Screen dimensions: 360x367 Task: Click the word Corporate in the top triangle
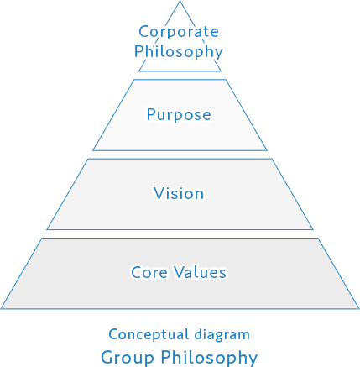(x=179, y=32)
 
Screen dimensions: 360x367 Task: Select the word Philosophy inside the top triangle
(x=179, y=51)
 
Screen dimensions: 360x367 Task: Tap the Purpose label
(x=179, y=115)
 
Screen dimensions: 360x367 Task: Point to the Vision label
(x=179, y=193)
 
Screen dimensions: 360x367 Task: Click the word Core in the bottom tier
(x=149, y=272)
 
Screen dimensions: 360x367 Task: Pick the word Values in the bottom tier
(x=201, y=272)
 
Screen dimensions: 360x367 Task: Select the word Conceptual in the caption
(x=149, y=335)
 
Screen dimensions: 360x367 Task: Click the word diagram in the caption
(x=222, y=335)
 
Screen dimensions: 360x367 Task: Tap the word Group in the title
(x=128, y=358)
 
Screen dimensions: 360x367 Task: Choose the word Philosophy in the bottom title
(x=209, y=358)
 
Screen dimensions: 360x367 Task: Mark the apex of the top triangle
(x=180, y=1)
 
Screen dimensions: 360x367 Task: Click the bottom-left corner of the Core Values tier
(x=1, y=309)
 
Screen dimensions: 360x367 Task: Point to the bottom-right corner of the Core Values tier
(x=359, y=309)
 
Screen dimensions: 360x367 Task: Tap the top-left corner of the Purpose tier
(x=134, y=80)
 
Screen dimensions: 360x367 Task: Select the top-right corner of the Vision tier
(x=272, y=159)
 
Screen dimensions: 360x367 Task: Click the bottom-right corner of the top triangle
(x=221, y=71)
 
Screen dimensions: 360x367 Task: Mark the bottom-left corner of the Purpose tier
(x=93, y=150)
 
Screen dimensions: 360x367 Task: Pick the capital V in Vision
(x=159, y=193)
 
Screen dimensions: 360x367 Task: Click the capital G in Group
(x=107, y=358)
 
